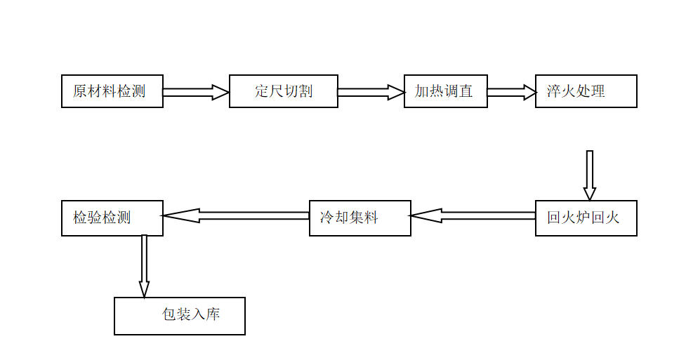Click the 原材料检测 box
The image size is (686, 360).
point(112,91)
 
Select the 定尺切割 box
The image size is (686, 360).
point(284,91)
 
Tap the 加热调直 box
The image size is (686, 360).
point(445,91)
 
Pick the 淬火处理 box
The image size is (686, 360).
point(586,91)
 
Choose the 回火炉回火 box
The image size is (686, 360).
point(586,218)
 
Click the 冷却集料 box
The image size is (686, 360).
point(360,218)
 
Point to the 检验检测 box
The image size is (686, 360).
point(112,218)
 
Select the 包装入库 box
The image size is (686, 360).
point(180,316)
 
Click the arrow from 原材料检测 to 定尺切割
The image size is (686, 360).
point(196,92)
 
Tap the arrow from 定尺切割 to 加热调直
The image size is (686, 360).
point(371,92)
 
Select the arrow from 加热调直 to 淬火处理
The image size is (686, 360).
point(511,92)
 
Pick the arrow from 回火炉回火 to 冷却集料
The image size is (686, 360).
point(473,216)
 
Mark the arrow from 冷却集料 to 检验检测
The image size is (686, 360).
point(236,216)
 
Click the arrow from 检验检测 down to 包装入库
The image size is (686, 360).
point(144,266)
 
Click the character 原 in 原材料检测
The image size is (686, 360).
point(80,92)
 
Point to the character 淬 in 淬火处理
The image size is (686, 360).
point(554,92)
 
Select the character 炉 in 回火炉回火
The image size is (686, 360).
point(583,218)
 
